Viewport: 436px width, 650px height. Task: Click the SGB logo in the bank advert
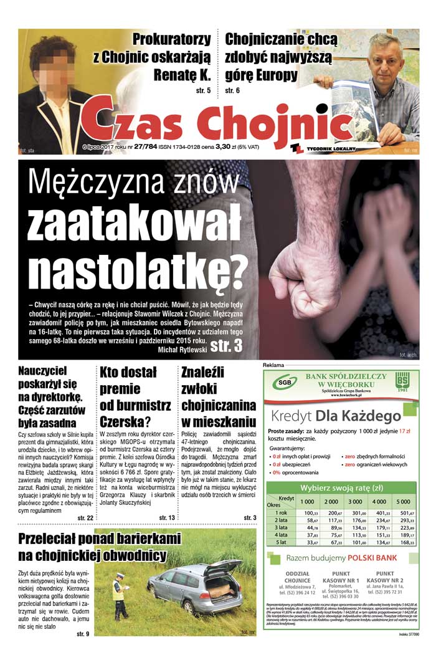click(x=283, y=381)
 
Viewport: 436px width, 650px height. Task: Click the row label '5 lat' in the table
click(x=282, y=542)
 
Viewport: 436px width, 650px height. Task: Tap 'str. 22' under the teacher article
click(x=85, y=518)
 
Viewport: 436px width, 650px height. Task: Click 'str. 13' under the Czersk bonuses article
click(x=166, y=518)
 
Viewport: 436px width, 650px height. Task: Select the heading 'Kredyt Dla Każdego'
click(x=340, y=416)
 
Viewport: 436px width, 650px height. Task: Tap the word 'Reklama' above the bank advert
click(x=274, y=364)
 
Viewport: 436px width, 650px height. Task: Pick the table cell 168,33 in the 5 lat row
click(x=407, y=542)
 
